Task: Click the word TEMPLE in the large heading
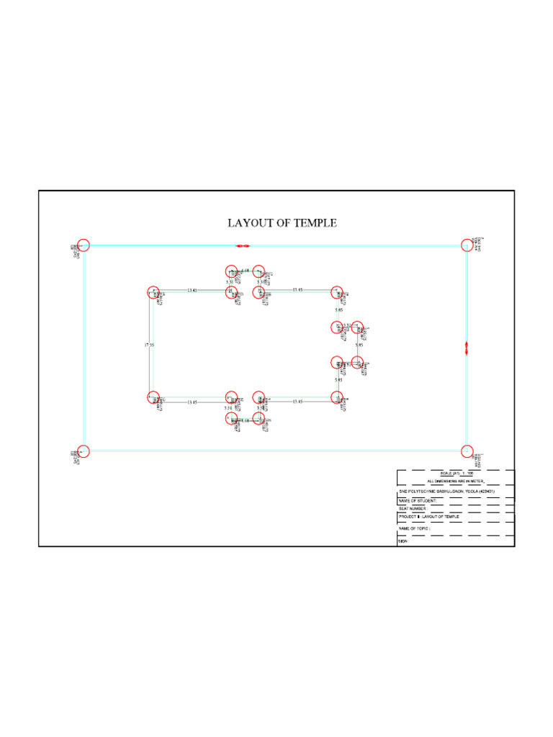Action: (x=316, y=223)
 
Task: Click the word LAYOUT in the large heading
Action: (x=250, y=223)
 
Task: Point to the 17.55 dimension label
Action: (x=149, y=345)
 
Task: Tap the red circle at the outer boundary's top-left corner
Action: (x=84, y=245)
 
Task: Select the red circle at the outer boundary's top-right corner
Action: (x=467, y=245)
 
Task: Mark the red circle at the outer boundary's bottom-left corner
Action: (x=84, y=451)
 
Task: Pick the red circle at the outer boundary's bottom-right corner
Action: (x=467, y=451)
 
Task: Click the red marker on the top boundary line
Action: (x=242, y=245)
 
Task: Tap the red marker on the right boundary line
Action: (x=467, y=348)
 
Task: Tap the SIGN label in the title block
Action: (x=403, y=541)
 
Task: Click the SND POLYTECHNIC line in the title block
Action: (x=446, y=491)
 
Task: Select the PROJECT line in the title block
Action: (x=429, y=517)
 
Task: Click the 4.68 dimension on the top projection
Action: (x=245, y=271)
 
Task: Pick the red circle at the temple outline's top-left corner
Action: (x=153, y=292)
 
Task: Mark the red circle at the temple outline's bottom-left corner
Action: (x=153, y=397)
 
